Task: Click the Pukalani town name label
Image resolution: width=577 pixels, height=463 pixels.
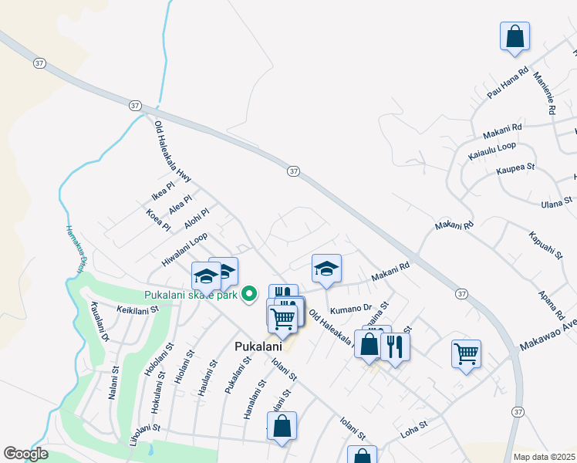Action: [257, 347]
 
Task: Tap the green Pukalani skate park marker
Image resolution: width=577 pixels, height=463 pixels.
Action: [249, 294]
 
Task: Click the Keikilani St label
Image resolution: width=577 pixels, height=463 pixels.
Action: [137, 309]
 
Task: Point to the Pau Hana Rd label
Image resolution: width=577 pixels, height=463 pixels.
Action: [508, 83]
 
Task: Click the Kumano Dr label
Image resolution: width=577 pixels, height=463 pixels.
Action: [351, 309]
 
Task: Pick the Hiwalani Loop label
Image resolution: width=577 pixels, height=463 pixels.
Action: [184, 251]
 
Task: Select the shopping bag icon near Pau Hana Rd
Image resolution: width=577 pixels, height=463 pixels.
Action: [515, 35]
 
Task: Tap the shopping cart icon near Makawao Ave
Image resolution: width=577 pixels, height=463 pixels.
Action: [466, 353]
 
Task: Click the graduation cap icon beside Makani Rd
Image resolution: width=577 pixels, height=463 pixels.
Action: [326, 269]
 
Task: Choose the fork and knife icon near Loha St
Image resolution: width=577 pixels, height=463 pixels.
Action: [395, 346]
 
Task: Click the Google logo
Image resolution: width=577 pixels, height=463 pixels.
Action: [25, 454]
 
